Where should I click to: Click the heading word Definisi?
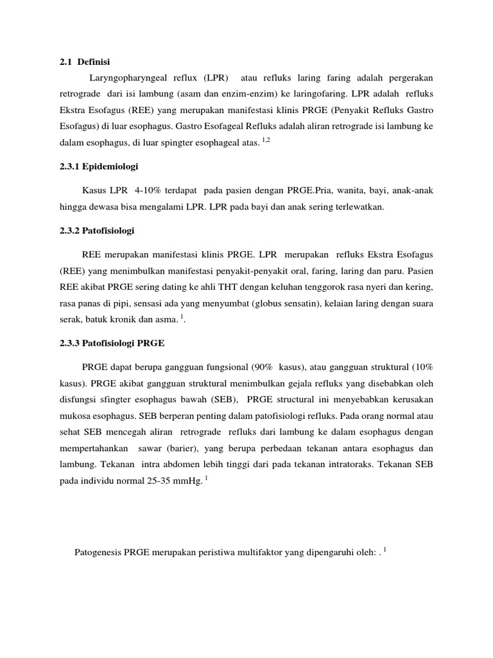[x=94, y=62]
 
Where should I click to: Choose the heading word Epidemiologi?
[x=108, y=166]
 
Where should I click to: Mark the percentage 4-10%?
[x=146, y=191]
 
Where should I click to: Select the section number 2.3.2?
[x=64, y=230]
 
